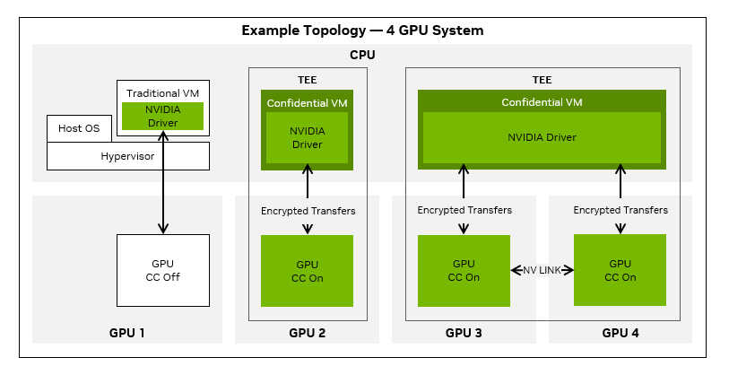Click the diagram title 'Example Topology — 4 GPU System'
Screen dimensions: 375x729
tap(362, 31)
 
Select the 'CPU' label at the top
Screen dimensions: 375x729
tap(362, 56)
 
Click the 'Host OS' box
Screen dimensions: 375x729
tap(79, 128)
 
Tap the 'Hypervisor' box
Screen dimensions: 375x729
tap(127, 156)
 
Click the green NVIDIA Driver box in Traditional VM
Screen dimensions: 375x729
tap(162, 116)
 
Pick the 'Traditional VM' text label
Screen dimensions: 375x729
tap(162, 92)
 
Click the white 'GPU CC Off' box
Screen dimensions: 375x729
tap(162, 271)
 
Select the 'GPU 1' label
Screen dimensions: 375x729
tap(126, 333)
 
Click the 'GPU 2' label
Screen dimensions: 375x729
tap(307, 333)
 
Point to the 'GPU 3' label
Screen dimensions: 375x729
tap(464, 333)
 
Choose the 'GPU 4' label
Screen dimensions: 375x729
tap(621, 333)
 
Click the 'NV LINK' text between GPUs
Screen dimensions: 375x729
tap(542, 270)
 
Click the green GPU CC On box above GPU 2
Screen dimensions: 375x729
tap(307, 271)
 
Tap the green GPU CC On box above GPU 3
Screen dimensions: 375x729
tap(464, 271)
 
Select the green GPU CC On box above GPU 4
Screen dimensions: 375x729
tap(621, 270)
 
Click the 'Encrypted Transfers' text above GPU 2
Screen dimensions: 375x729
tap(308, 211)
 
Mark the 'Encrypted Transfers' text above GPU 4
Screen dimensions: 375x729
tap(621, 210)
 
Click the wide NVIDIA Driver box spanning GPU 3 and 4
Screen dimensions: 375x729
tap(542, 137)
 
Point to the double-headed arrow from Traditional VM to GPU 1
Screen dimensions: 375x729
tap(162, 184)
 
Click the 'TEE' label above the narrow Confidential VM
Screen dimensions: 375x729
tap(307, 79)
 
